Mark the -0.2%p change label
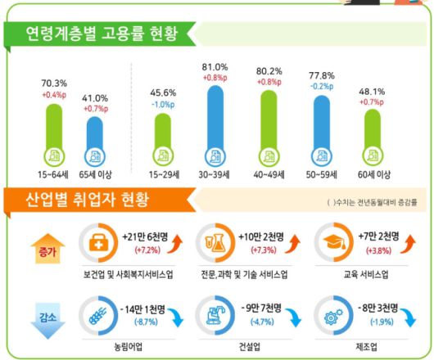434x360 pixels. click(x=320, y=83)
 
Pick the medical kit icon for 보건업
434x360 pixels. click(x=97, y=241)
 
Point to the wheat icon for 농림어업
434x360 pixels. click(x=97, y=312)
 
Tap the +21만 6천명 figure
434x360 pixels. click(x=146, y=236)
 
